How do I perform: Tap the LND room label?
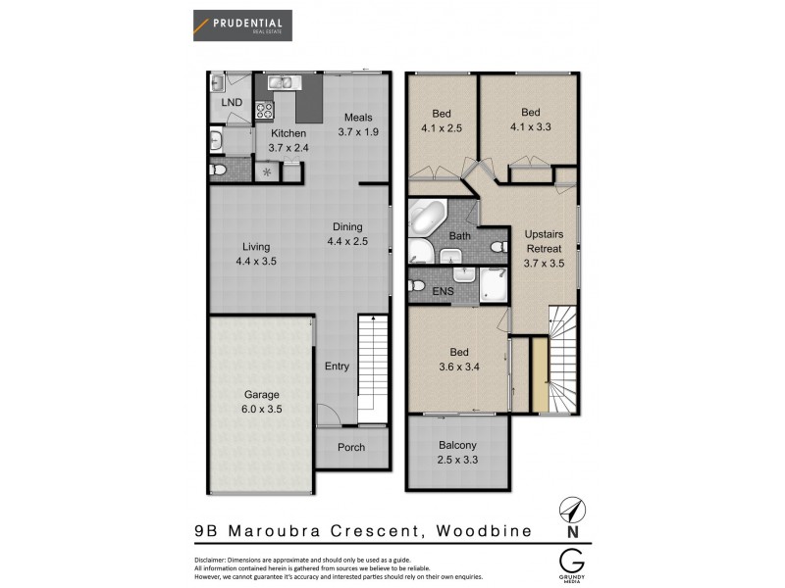(x=231, y=102)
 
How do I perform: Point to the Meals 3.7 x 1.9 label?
(x=357, y=125)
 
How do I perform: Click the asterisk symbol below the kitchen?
(x=268, y=171)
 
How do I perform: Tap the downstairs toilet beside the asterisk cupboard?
(x=220, y=171)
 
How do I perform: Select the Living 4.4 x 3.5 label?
(x=257, y=254)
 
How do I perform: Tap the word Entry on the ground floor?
(x=337, y=367)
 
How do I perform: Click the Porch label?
(x=351, y=448)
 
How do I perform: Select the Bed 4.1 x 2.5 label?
(x=442, y=119)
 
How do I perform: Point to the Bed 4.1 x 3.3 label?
(x=531, y=119)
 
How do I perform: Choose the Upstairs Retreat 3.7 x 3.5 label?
(x=543, y=249)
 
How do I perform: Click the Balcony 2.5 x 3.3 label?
(x=457, y=452)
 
